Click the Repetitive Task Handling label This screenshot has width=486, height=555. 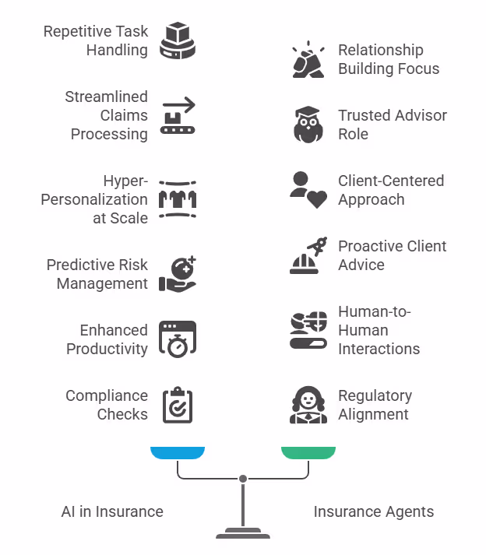(95, 41)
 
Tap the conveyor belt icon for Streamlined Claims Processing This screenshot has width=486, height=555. (178, 115)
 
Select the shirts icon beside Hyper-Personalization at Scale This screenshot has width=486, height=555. (178, 200)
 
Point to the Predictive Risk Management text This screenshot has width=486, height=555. (97, 274)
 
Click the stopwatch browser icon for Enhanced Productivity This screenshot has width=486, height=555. (178, 339)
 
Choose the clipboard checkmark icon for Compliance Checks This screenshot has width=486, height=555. (178, 405)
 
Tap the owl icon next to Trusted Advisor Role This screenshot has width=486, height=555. (308, 125)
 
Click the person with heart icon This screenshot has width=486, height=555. (308, 190)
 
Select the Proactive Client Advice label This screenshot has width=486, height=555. (392, 255)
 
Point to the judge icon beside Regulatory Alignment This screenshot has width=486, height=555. (308, 405)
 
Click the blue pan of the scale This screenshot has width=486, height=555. (178, 452)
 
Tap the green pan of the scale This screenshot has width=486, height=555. (308, 452)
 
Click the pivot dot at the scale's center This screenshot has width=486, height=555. (243, 478)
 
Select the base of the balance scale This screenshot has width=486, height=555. (243, 535)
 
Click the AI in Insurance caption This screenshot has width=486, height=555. (112, 511)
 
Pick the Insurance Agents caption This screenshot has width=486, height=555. (374, 511)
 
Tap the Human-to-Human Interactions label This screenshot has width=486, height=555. (379, 330)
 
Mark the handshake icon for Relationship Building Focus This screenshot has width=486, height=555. (308, 59)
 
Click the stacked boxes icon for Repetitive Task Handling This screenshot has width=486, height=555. (178, 40)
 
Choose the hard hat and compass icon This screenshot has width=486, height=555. (308, 255)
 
